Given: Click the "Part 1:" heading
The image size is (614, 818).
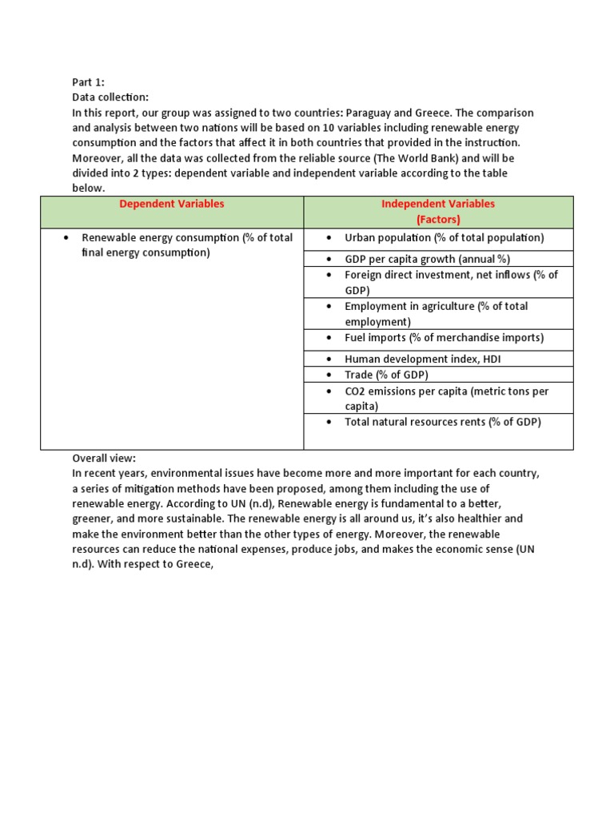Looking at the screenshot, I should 88,81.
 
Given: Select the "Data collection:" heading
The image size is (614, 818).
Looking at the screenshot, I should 110,97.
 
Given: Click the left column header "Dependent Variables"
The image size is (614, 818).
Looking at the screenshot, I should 172,204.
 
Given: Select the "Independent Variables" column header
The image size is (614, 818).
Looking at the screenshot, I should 438,204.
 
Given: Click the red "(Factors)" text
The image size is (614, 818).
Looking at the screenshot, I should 438,219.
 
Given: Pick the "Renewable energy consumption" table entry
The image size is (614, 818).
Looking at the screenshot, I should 187,238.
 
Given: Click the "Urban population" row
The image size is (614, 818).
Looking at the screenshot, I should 444,238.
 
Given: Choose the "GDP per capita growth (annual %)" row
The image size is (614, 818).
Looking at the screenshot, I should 427,259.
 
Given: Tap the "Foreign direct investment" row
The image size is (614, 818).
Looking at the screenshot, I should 451,275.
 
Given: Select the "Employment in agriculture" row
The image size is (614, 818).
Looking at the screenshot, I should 436,307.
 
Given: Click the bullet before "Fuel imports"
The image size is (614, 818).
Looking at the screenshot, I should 329,338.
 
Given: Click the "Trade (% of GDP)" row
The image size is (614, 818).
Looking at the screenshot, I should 386,375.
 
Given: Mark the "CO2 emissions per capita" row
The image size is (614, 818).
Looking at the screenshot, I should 446,391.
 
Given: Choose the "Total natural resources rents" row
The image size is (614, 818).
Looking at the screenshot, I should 442,422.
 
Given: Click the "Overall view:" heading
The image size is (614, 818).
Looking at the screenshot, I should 104,459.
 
